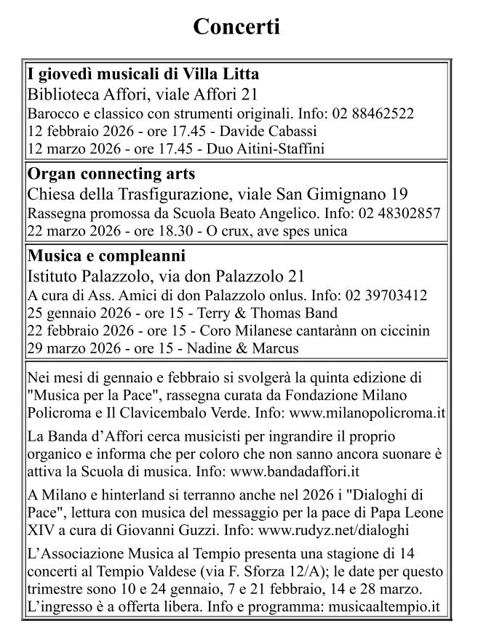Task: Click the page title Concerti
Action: pyautogui.click(x=236, y=27)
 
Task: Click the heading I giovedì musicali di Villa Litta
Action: pyautogui.click(x=143, y=75)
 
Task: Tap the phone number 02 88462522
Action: pyautogui.click(x=373, y=113)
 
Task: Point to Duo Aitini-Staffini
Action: pyautogui.click(x=266, y=148)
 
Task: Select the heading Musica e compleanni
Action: pyautogui.click(x=106, y=257)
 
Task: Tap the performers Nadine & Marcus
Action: pyautogui.click(x=243, y=348)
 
